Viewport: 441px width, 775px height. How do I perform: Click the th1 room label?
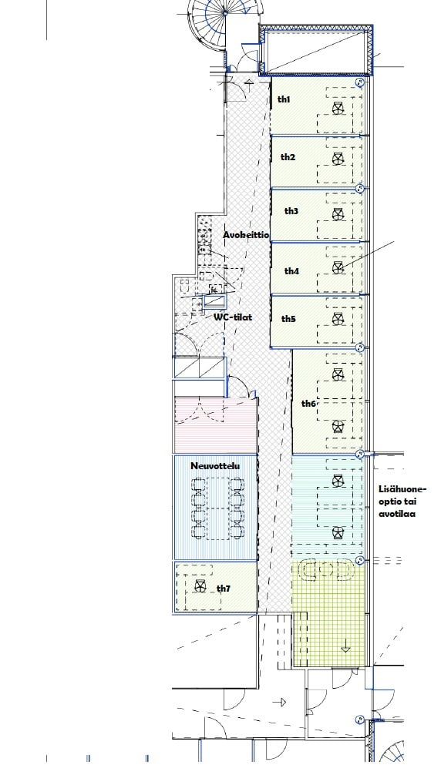(284, 99)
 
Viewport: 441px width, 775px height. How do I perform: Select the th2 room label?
(288, 157)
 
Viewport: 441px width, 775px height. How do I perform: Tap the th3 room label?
(291, 211)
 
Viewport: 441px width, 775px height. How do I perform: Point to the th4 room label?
(291, 271)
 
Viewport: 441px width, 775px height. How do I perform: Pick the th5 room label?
(288, 319)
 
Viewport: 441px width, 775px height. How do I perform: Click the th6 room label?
(308, 404)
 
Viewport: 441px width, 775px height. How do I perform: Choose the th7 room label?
(224, 588)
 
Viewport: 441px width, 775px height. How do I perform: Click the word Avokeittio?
(246, 235)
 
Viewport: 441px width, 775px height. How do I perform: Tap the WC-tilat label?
(232, 317)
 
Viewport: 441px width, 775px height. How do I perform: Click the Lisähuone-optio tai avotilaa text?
(402, 502)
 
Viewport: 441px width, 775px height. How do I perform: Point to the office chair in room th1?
(338, 109)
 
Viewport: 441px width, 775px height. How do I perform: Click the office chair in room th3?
(338, 214)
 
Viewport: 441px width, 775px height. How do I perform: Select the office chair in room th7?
(200, 586)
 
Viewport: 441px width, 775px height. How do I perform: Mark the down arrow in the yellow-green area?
(345, 646)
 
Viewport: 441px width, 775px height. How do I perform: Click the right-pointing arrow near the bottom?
(280, 702)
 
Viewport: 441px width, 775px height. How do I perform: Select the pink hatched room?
(216, 425)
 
